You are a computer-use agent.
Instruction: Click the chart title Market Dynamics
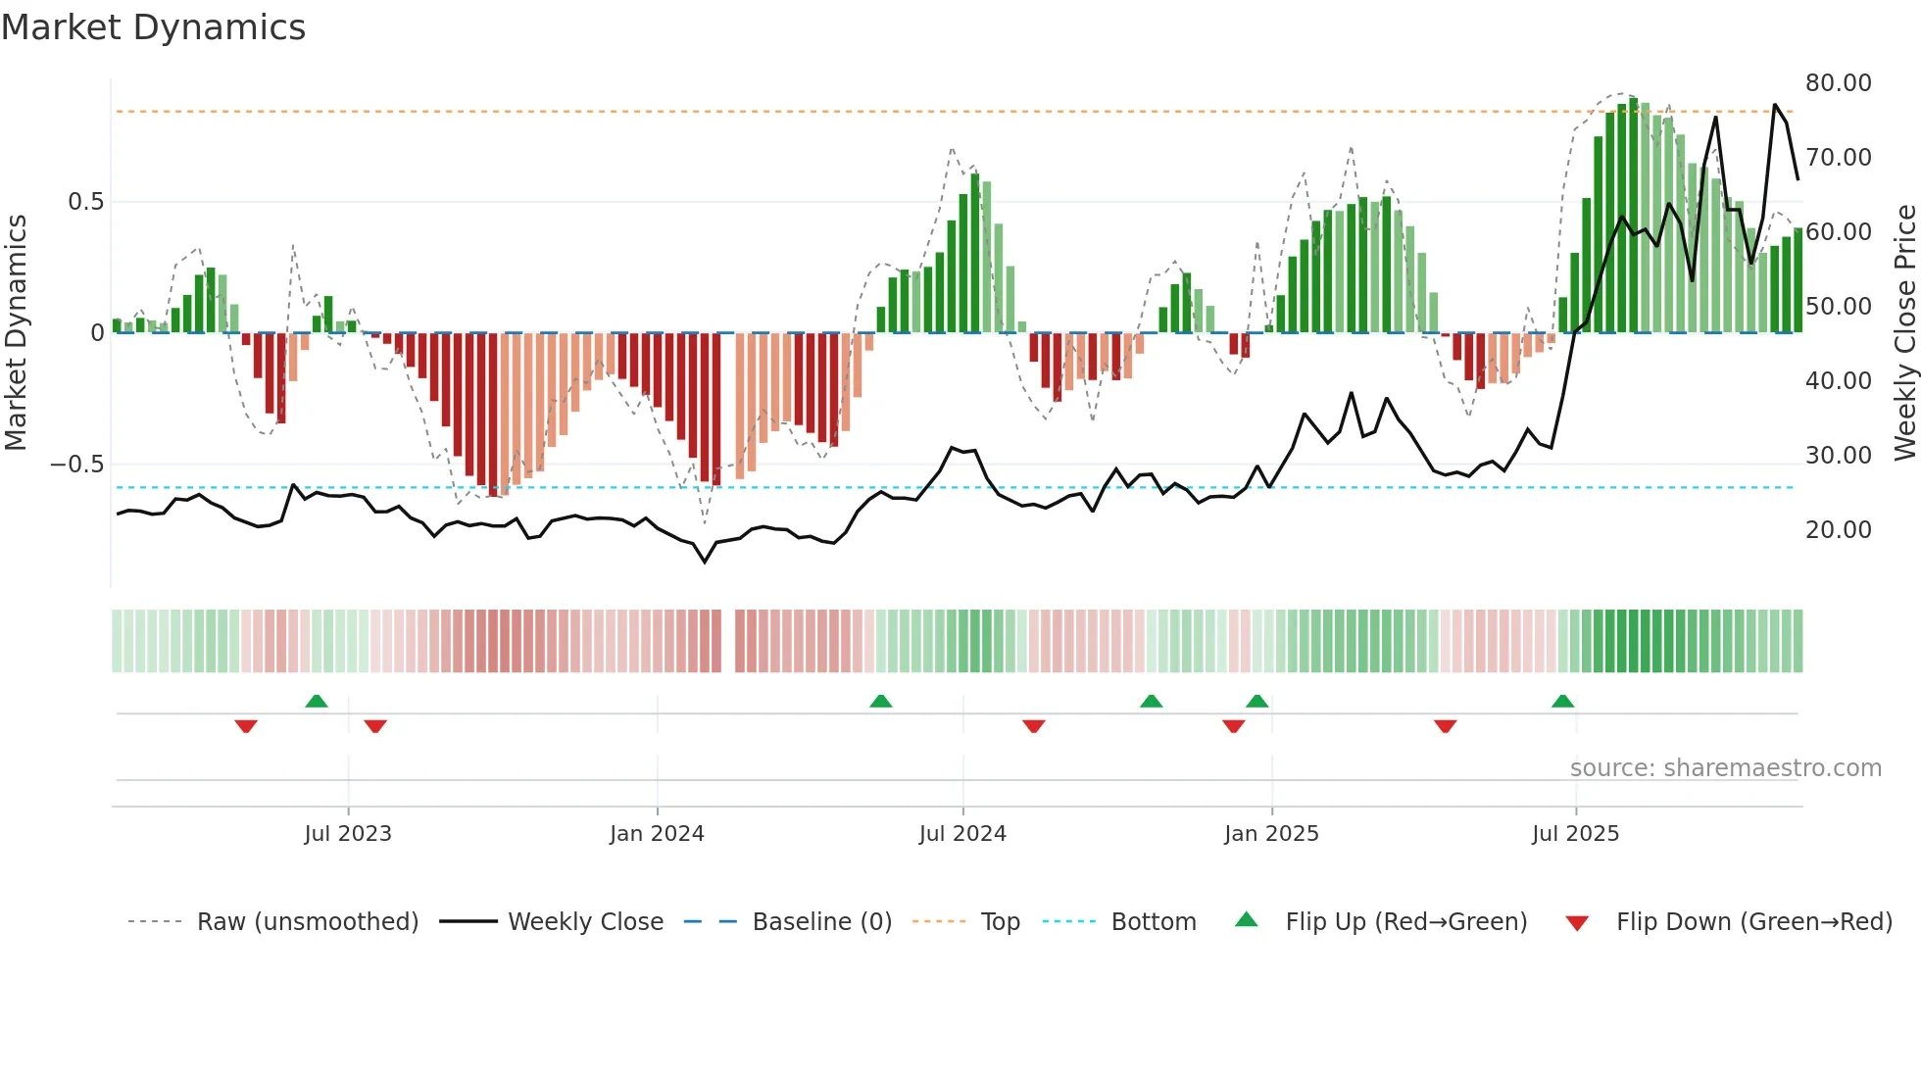(153, 27)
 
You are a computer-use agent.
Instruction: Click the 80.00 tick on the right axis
(1838, 83)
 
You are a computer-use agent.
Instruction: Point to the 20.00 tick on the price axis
(1838, 530)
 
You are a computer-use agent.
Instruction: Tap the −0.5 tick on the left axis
(77, 465)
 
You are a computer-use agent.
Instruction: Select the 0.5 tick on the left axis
(85, 202)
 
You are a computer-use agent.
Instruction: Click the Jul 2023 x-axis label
(348, 834)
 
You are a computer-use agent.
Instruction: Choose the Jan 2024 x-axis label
(657, 834)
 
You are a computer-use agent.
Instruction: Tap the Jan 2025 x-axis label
(1271, 834)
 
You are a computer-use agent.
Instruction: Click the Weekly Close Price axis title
(1904, 332)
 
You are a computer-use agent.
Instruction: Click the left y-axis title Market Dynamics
(16, 332)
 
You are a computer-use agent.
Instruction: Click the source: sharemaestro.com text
(1725, 768)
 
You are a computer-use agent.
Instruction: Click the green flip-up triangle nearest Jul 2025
(1562, 702)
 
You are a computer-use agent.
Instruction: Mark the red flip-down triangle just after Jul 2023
(375, 726)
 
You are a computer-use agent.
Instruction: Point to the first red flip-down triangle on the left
(246, 726)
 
